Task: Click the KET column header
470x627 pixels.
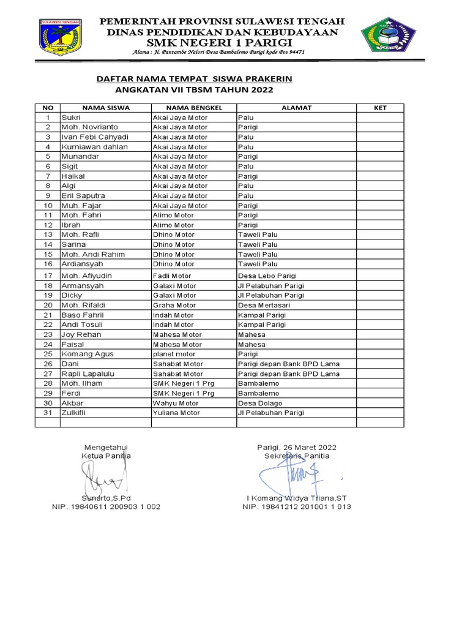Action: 380,108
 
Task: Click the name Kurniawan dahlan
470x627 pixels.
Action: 94,147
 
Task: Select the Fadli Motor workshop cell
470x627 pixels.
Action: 172,276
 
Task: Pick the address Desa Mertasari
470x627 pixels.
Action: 264,305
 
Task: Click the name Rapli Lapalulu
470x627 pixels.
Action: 89,374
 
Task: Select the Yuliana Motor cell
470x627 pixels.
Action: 176,413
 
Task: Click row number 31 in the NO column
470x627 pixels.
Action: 47,413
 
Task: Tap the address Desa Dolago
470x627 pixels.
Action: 260,403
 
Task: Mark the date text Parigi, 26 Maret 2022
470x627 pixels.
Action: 297,448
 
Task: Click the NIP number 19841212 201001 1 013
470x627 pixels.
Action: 297,507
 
